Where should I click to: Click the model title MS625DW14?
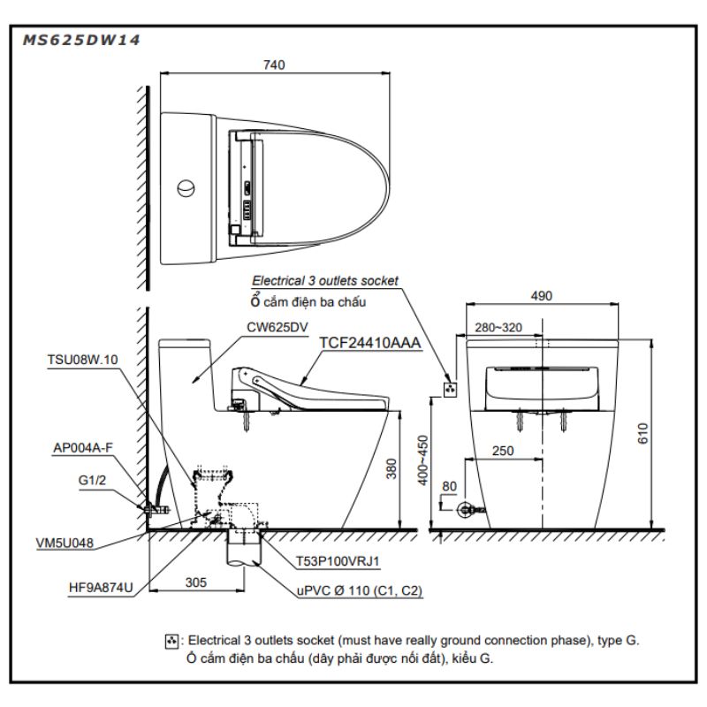pos(81,40)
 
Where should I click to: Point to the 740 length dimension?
pos(274,65)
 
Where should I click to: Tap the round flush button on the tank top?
pos(186,188)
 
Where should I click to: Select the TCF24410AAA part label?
pos(369,343)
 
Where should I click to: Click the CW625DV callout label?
pos(277,327)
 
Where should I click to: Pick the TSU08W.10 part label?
pos(82,360)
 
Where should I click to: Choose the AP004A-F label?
pos(83,448)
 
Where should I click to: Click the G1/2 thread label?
pos(92,480)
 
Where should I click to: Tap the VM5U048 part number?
pos(65,543)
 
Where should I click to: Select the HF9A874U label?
pos(101,588)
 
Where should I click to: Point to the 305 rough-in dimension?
pos(196,582)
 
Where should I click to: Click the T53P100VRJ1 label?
pos(338,561)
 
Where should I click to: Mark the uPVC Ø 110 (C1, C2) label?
pos(360,590)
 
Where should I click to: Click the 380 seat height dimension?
pos(392,469)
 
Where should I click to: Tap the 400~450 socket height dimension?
pos(422,460)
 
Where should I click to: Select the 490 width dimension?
pos(542,296)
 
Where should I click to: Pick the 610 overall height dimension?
pos(642,434)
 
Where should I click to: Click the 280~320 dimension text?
pos(498,327)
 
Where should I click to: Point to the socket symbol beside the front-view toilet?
pos(450,389)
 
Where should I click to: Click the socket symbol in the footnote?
pos(171,642)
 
